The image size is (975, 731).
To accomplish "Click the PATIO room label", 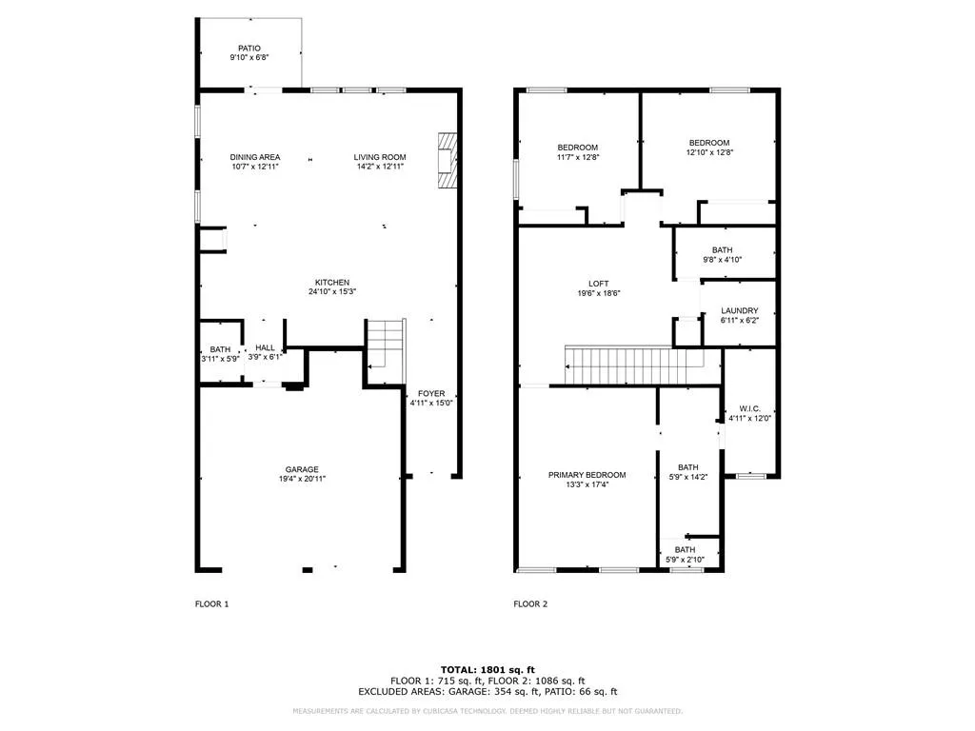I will (x=249, y=49).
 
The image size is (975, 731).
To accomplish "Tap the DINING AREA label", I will (x=254, y=157).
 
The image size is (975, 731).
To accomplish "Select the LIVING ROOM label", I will (x=380, y=157).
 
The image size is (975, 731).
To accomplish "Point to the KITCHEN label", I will (x=332, y=283).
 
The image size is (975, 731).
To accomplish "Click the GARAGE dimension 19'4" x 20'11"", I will (x=302, y=480).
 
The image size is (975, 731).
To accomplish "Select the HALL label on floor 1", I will (x=265, y=348).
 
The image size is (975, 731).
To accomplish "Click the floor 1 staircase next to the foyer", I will (x=387, y=345).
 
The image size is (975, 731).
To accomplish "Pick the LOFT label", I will (x=598, y=284).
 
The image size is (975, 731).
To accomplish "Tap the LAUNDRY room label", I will (x=739, y=310).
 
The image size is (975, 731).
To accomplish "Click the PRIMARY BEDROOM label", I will (x=587, y=475).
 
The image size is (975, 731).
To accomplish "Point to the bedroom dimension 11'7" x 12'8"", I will (x=577, y=157).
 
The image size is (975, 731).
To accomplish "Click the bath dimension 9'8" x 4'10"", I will (x=722, y=260).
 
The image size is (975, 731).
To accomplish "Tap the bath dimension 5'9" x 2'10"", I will (x=685, y=560).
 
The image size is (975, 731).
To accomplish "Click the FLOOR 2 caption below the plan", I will (x=530, y=603).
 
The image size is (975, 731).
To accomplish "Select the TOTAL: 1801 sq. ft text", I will (x=487, y=669).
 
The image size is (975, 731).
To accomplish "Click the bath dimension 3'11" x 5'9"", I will (x=220, y=359).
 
